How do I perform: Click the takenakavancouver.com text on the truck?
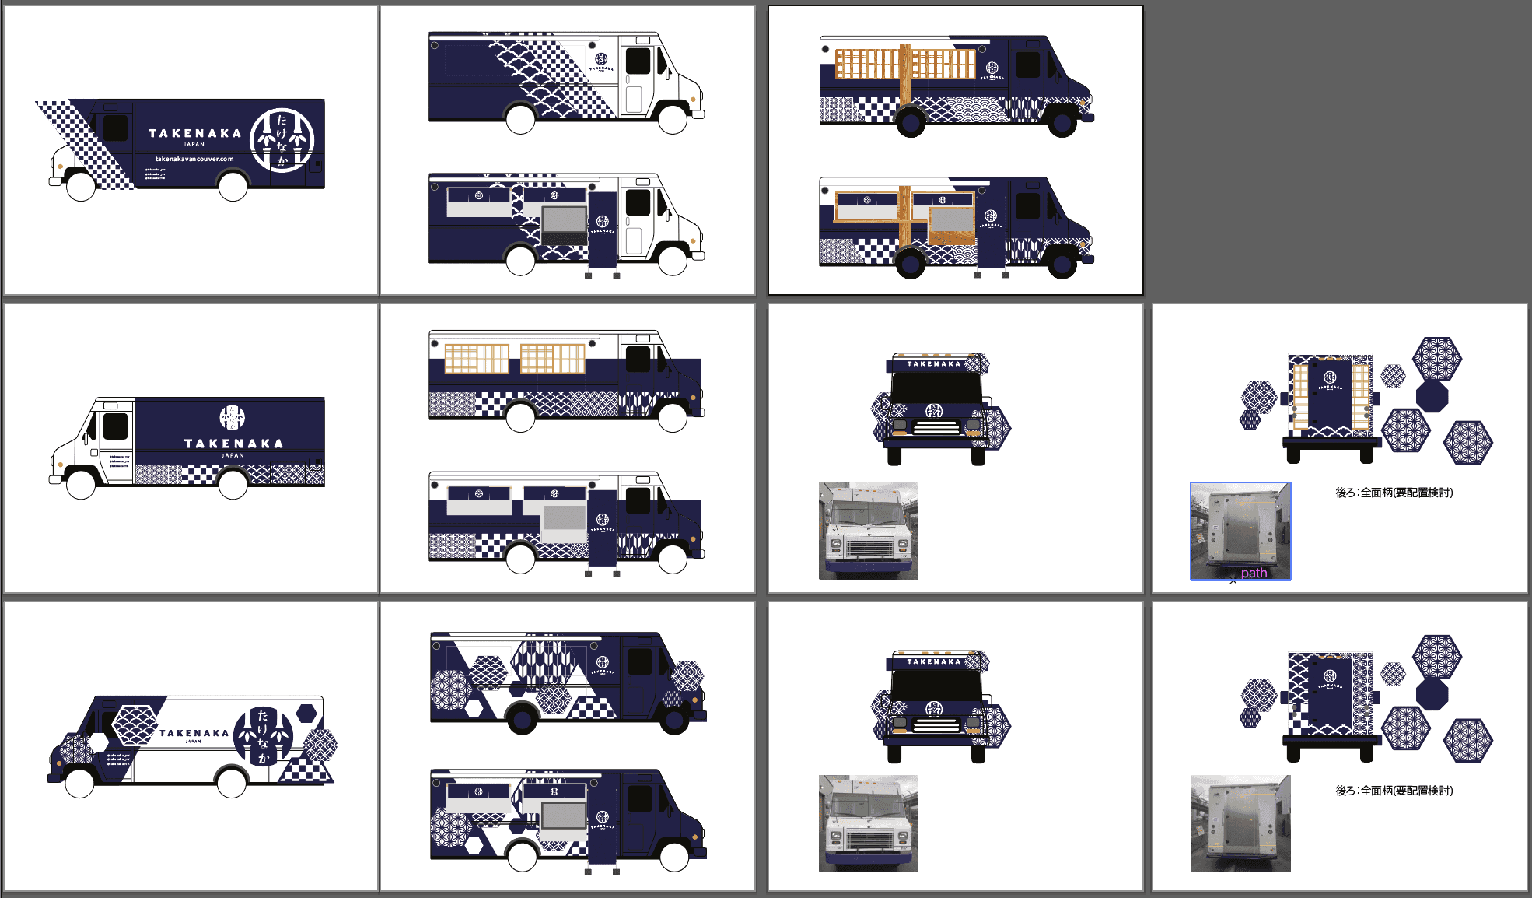[194, 159]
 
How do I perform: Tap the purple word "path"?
[1254, 573]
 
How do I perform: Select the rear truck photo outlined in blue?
[1240, 529]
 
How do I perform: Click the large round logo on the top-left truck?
[282, 140]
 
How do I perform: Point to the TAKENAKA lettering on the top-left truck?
[195, 133]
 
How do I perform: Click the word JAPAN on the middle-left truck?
[233, 455]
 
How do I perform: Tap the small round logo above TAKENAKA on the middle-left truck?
[232, 417]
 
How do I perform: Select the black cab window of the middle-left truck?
[115, 426]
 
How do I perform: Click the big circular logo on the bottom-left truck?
[264, 735]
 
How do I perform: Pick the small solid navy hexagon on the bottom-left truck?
[306, 713]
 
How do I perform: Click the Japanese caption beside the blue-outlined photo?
[1394, 493]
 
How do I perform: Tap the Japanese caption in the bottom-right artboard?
[1394, 791]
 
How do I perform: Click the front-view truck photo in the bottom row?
[868, 823]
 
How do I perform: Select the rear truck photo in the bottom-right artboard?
[1240, 823]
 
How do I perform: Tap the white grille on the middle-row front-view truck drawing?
[936, 427]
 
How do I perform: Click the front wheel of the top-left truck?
[81, 186]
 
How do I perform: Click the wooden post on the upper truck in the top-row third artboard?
[904, 74]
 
